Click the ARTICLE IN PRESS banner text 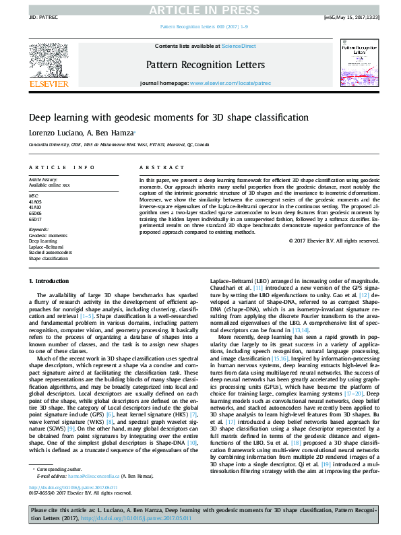click(x=200, y=9)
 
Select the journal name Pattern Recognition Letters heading click(x=200, y=65)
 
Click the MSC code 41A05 click(x=35, y=201)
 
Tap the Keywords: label click(x=39, y=229)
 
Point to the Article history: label click(x=43, y=179)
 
